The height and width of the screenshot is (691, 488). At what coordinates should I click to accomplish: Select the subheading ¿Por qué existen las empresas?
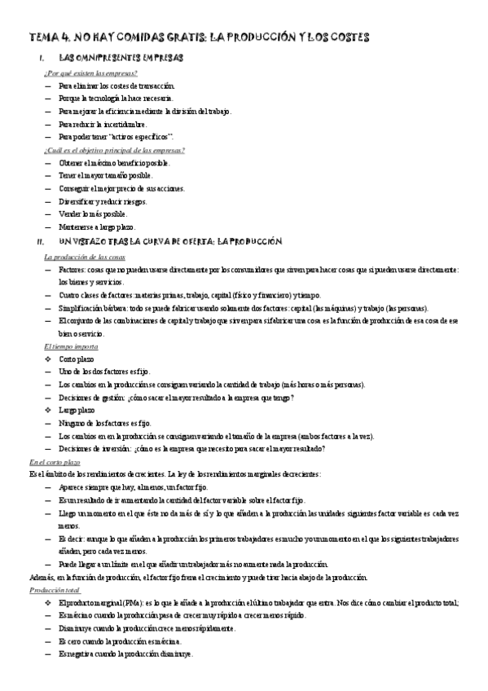(90, 73)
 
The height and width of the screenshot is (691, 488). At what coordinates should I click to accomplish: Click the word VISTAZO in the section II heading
(96, 242)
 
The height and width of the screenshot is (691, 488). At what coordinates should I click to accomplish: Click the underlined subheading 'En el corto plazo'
(54, 462)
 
